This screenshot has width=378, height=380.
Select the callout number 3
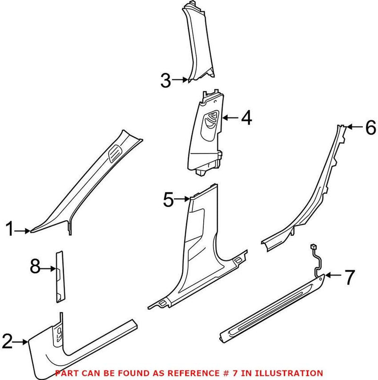165,80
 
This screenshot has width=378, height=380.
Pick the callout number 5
169,200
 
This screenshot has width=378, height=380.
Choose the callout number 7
348,277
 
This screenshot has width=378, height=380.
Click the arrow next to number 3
180,80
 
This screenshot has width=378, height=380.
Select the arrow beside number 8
49,268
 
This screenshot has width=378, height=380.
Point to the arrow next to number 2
22,341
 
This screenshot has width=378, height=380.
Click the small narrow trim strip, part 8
60,276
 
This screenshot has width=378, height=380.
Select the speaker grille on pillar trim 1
114,154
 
